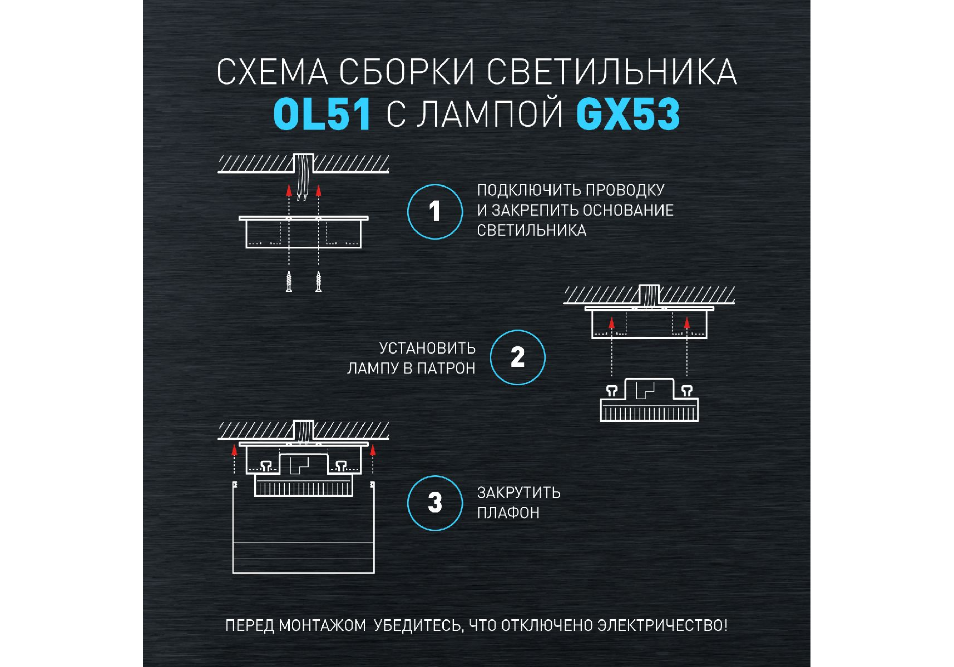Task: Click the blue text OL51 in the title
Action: [322, 115]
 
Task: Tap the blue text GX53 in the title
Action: [628, 115]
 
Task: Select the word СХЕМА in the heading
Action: [272, 72]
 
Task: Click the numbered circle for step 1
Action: [435, 212]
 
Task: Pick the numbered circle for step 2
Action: [517, 357]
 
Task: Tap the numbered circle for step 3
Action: [435, 502]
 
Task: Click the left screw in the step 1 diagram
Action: [289, 281]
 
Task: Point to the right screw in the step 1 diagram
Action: [318, 281]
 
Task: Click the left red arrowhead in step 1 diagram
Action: [289, 191]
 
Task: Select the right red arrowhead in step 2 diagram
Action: [687, 322]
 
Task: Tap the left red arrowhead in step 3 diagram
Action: [235, 450]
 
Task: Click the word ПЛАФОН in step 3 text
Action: [508, 512]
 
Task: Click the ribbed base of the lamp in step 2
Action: [649, 412]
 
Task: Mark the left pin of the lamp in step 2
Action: [612, 391]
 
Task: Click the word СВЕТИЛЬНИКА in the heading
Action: [612, 72]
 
